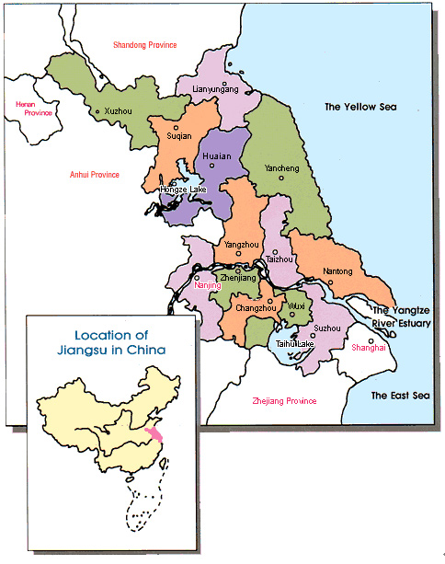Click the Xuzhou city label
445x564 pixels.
[x=119, y=110]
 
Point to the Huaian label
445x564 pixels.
[x=216, y=156]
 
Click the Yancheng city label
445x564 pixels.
[x=281, y=169]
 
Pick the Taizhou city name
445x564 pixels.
[x=280, y=259]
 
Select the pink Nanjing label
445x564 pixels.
[x=209, y=286]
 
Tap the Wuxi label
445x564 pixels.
[x=296, y=305]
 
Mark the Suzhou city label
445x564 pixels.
[x=326, y=328]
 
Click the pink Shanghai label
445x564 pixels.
[x=370, y=347]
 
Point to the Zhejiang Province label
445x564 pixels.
[x=284, y=401]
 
